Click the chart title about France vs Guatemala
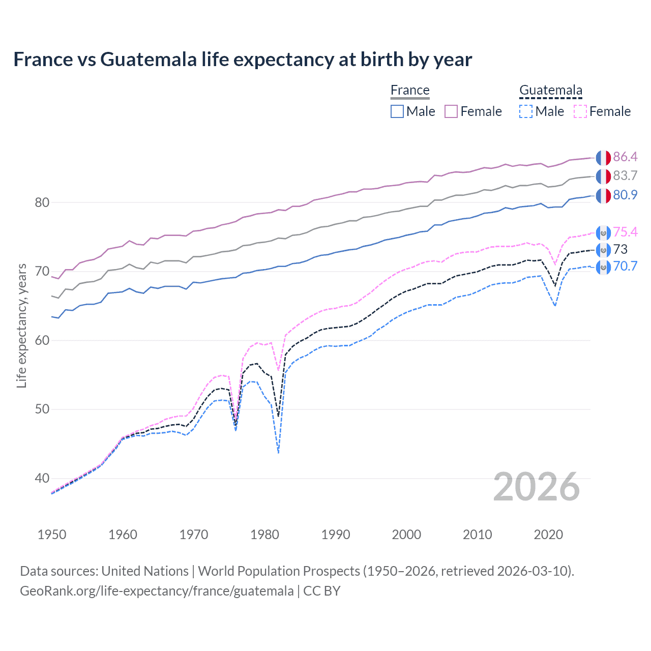tap(243, 60)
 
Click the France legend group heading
tap(410, 91)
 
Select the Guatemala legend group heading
tap(550, 91)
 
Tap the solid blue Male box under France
tap(397, 111)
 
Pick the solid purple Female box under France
tap(452, 111)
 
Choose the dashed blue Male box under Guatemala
tap(526, 111)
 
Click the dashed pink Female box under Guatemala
tap(580, 111)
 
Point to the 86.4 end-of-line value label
tap(625, 157)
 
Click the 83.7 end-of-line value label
tap(625, 176)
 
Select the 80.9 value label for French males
tap(625, 195)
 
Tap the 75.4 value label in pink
tap(625, 232)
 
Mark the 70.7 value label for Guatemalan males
tap(625, 267)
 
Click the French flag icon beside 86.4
tap(603, 158)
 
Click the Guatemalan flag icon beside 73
tap(603, 250)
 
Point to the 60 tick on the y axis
tap(42, 340)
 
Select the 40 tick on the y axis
tap(42, 478)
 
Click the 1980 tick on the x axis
tap(265, 535)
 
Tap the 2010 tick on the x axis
tap(478, 535)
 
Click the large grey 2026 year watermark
tap(536, 487)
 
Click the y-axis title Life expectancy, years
tap(21, 325)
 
